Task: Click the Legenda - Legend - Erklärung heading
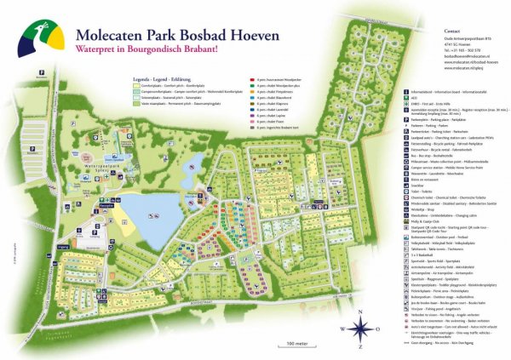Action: coord(161,78)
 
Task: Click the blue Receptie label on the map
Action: coord(106,182)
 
